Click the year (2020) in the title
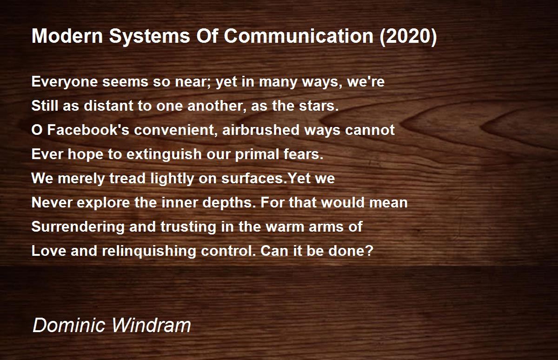[408, 36]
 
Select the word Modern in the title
[67, 36]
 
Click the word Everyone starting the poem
[65, 82]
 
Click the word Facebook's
[88, 130]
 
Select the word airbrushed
[260, 130]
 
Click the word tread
[127, 179]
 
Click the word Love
[48, 251]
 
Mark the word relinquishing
[149, 251]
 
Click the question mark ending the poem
[369, 251]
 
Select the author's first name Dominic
[69, 325]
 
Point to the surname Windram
[151, 325]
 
